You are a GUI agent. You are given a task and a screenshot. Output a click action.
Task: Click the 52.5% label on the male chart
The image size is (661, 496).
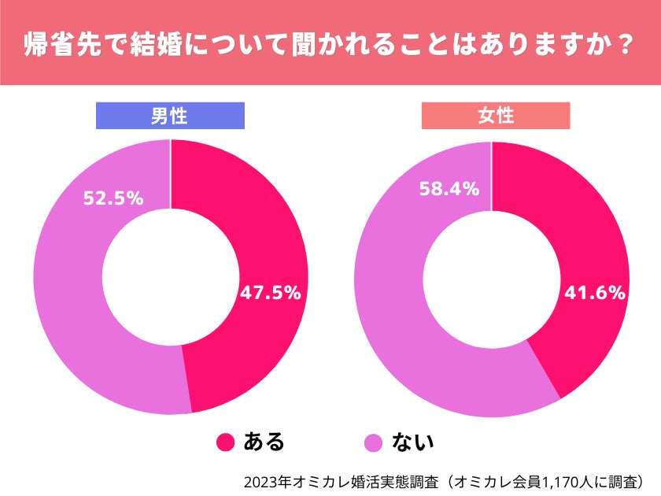tap(113, 198)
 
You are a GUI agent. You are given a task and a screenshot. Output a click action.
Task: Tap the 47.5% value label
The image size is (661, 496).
tap(270, 293)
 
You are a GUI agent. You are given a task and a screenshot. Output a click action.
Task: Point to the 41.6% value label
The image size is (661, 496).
tap(595, 293)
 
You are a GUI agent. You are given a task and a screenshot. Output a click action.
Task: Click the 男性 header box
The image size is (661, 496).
tap(169, 116)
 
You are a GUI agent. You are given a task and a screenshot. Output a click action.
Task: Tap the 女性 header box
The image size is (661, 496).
tap(496, 116)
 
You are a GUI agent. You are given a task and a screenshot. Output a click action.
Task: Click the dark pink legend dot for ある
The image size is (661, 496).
tap(226, 442)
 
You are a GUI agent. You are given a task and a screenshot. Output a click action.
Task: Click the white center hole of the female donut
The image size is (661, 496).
tap(492, 279)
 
